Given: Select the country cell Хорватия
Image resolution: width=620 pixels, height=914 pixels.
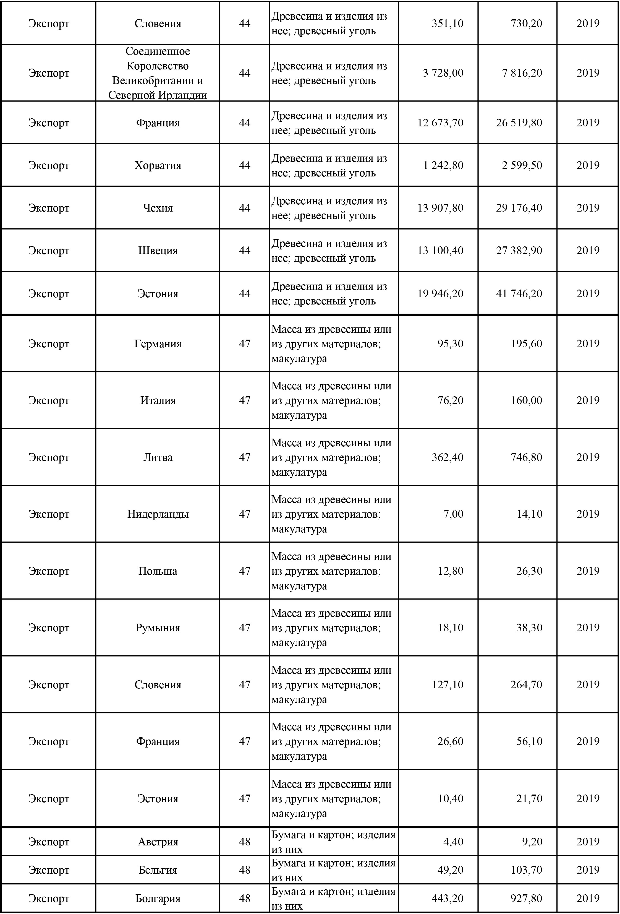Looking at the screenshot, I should [x=158, y=165].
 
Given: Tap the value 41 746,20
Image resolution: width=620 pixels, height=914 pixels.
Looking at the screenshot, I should [x=519, y=293].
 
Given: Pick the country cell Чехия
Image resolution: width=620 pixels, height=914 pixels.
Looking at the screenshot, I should [x=158, y=208].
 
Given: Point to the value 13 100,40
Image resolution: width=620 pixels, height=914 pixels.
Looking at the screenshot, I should [x=440, y=251].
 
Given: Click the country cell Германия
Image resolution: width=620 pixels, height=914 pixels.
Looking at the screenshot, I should [x=158, y=344].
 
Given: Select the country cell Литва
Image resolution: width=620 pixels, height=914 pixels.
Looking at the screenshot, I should [x=158, y=457].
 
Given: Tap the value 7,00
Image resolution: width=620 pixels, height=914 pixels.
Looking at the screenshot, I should [x=453, y=514].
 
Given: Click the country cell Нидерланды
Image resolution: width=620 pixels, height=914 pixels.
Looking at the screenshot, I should [x=158, y=514].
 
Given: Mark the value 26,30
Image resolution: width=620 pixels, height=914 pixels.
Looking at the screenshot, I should [x=529, y=571].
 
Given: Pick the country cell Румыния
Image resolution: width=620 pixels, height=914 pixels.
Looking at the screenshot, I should [x=158, y=628].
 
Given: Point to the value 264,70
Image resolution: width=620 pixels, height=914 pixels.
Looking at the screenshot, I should [x=526, y=685].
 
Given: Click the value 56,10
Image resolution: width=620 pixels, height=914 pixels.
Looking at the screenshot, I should [x=529, y=741].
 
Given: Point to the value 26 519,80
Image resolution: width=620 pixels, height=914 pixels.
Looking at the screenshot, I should [x=519, y=123].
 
